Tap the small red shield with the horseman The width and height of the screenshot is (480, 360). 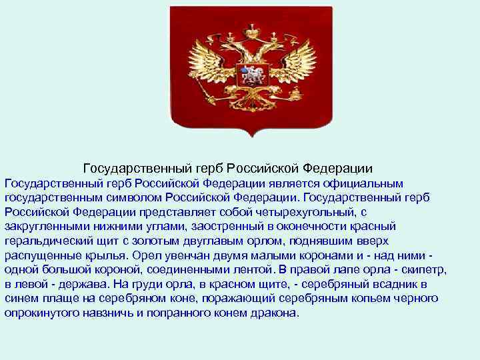tap(252, 74)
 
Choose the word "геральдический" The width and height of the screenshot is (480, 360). tap(51, 241)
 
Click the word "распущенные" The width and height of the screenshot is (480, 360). tap(42, 255)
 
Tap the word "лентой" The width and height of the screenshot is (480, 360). tap(241, 270)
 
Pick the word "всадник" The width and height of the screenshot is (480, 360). tap(417, 285)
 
